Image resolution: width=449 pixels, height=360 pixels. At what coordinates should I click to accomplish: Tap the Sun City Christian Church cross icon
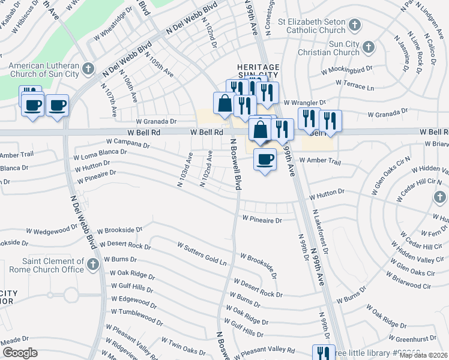pyautogui.click(x=369, y=46)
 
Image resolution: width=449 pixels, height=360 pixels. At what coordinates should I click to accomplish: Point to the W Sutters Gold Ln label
pyautogui.click(x=202, y=254)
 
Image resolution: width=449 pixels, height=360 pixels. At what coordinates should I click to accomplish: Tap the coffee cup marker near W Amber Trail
pyautogui.click(x=265, y=160)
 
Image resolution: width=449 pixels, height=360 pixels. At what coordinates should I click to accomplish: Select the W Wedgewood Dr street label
pyautogui.click(x=52, y=230)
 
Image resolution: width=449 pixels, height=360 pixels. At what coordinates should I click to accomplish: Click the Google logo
pyautogui.click(x=20, y=353)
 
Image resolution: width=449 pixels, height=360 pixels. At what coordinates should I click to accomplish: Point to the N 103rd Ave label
pyautogui.click(x=184, y=170)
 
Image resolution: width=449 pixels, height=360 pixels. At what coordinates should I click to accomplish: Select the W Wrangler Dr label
pyautogui.click(x=304, y=103)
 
